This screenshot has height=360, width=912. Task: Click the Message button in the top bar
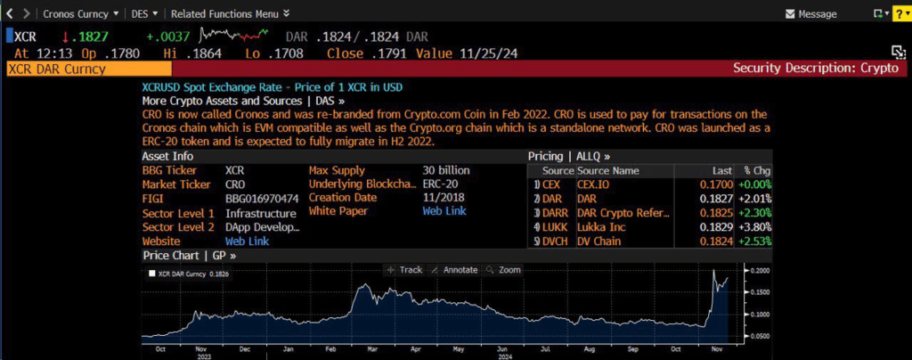810,14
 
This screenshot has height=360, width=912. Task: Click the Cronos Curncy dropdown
81,13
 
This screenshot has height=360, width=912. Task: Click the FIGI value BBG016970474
262,199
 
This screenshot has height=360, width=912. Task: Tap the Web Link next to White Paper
444,211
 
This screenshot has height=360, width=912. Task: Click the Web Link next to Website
248,241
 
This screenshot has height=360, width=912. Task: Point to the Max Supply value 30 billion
446,170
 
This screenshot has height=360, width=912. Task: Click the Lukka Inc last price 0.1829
717,227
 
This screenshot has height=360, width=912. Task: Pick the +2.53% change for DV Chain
755,241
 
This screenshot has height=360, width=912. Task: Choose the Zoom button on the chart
503,270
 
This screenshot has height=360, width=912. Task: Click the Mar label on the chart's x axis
370,350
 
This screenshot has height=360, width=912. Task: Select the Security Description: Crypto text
816,68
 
